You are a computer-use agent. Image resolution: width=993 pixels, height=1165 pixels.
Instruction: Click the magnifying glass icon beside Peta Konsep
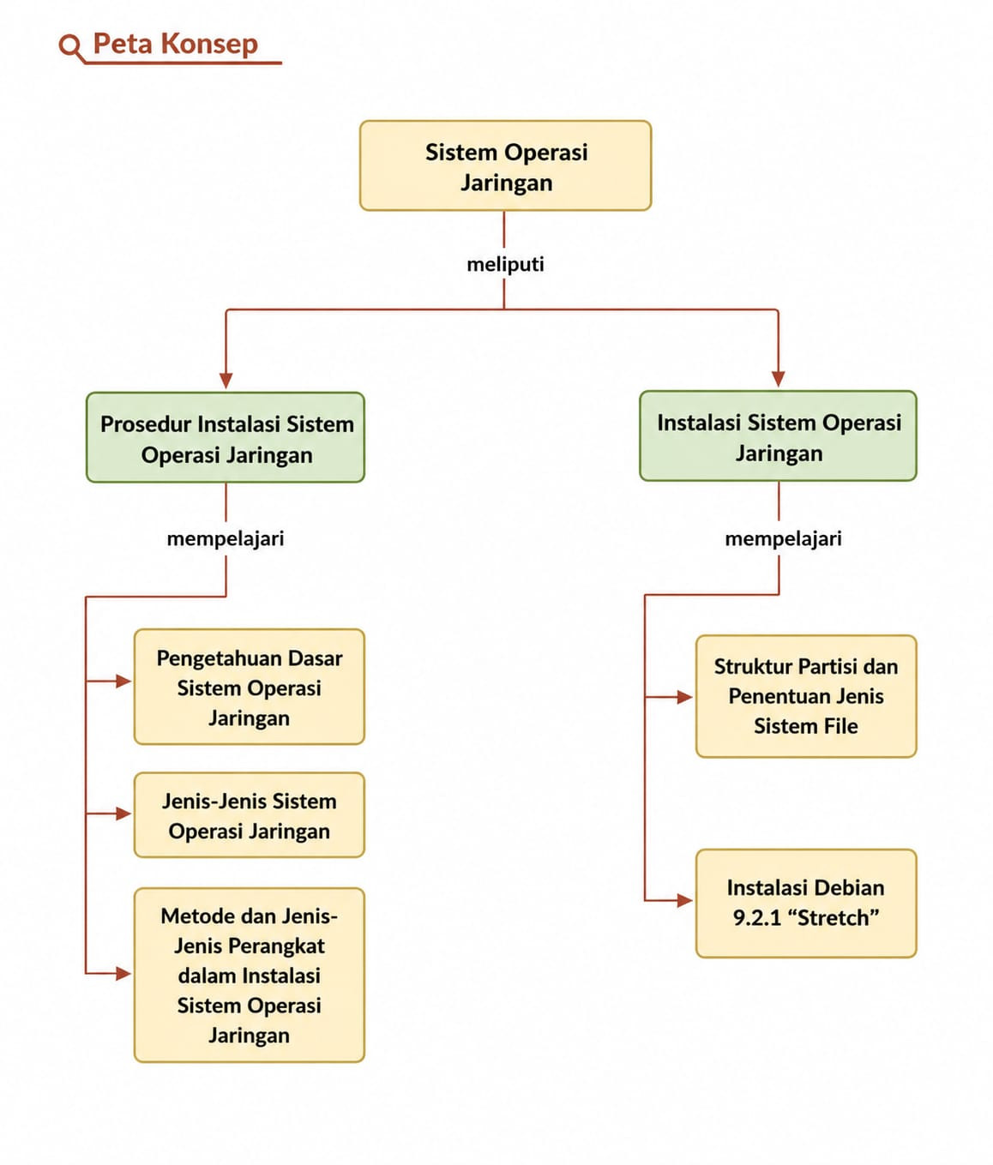coord(71,47)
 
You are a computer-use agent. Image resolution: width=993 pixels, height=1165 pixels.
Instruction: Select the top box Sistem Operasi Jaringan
coord(505,165)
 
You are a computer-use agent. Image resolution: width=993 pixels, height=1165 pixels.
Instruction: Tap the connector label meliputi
coord(505,264)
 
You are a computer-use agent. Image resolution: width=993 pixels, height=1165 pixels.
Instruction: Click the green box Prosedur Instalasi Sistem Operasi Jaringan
coord(226,437)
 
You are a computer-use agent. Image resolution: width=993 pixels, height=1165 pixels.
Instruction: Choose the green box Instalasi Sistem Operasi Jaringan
coord(778,435)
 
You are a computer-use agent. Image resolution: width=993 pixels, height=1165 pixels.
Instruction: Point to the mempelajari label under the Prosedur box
coord(226,539)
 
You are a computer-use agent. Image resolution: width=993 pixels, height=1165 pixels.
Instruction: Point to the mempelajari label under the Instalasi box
coord(783,539)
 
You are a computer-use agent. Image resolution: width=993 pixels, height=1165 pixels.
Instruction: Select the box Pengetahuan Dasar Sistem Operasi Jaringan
coord(250,687)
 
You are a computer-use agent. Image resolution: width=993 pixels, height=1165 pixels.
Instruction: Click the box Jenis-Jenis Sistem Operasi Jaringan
coord(250,815)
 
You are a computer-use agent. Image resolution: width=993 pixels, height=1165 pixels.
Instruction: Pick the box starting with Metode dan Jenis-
coord(250,975)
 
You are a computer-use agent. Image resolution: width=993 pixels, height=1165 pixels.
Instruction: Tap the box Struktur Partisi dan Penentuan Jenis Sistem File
coord(806,696)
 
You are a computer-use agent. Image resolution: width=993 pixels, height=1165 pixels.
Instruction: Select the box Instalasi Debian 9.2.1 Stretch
coord(806,903)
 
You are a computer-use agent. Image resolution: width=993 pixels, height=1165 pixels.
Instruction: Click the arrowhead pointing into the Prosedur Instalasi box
coord(226,381)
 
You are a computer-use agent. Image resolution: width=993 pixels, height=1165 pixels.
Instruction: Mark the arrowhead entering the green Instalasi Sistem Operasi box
coord(778,379)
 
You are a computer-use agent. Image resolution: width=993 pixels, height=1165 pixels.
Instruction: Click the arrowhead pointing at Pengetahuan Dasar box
coord(123,681)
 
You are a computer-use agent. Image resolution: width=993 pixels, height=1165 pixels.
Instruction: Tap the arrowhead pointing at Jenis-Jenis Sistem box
coord(123,814)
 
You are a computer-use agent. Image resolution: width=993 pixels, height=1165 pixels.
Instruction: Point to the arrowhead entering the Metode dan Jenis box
coord(123,973)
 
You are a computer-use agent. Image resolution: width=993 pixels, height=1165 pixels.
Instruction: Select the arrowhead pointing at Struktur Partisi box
coord(685,697)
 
